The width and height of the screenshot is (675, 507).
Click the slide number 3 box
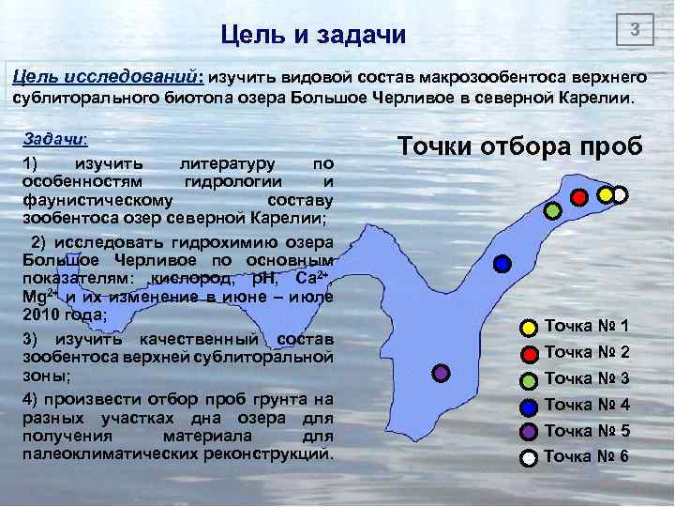tap(635, 31)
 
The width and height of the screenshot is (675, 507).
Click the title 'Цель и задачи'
tap(313, 36)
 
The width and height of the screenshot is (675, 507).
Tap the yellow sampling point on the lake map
tap(606, 194)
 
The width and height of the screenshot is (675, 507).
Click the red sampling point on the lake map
tap(579, 197)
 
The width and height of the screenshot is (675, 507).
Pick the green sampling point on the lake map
tap(553, 211)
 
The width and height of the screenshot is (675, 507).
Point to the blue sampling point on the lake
tap(502, 264)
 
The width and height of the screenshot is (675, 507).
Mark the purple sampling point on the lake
tap(442, 373)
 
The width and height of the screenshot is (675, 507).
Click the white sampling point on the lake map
tap(620, 194)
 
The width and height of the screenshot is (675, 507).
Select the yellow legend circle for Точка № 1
tap(529, 328)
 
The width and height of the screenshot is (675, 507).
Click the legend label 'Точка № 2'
tap(587, 353)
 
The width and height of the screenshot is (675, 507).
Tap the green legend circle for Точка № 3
tap(529, 379)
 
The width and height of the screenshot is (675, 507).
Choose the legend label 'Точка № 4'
tap(587, 405)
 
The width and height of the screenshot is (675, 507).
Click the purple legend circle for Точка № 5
tap(529, 431)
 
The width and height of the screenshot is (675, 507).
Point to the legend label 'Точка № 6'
tap(587, 456)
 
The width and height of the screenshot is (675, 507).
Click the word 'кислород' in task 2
tap(187, 279)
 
